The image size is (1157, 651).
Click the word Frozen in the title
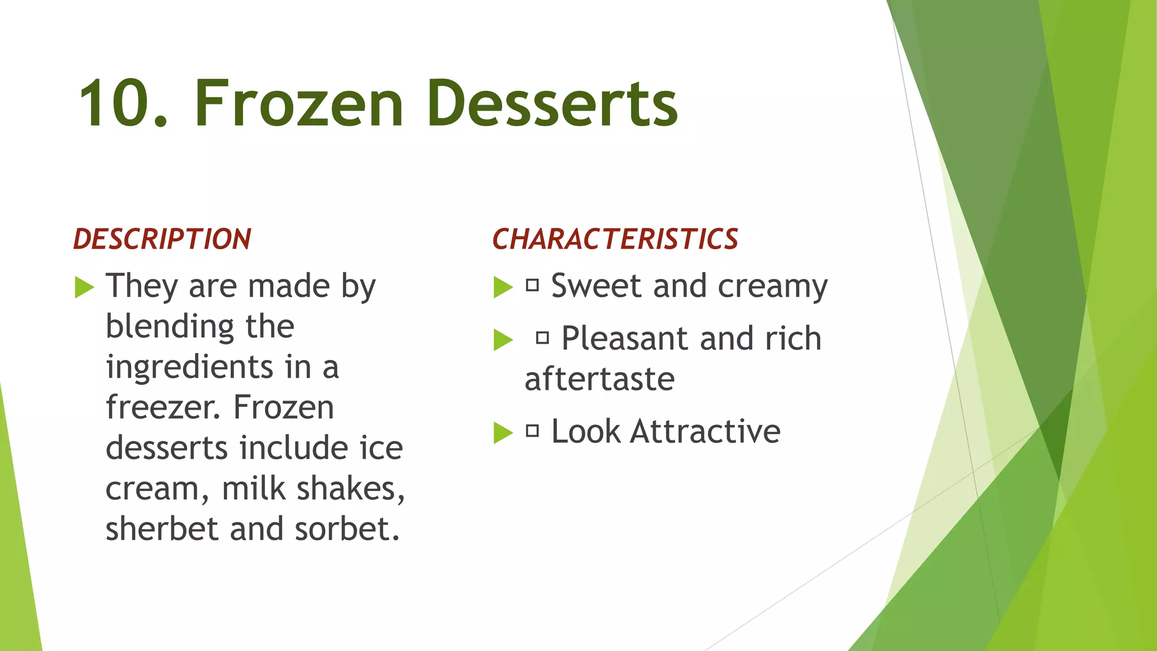(x=299, y=104)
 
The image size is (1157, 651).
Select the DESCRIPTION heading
(x=162, y=239)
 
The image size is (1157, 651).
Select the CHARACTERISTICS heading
(x=615, y=239)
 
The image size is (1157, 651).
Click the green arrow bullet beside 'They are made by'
(x=84, y=288)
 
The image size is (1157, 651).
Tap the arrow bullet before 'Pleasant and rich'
(x=503, y=340)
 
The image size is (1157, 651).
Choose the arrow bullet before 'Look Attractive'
(x=503, y=433)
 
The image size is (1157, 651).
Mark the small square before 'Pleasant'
(x=542, y=338)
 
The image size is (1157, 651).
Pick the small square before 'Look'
(x=532, y=431)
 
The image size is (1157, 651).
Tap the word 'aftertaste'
(x=599, y=379)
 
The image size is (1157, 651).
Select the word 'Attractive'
(x=705, y=432)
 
